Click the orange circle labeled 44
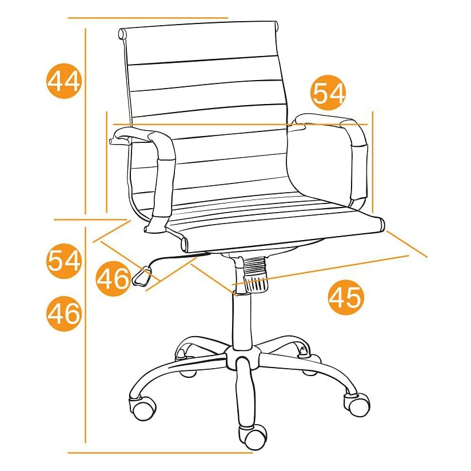point(64,81)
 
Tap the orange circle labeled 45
point(346,297)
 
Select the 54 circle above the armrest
point(328,93)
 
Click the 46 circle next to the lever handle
point(114,278)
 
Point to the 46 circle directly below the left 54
point(64,314)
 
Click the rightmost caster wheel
point(357,404)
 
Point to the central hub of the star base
point(242,357)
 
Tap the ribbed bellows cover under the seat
point(256,274)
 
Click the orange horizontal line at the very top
point(148,18)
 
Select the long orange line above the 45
point(320,270)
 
